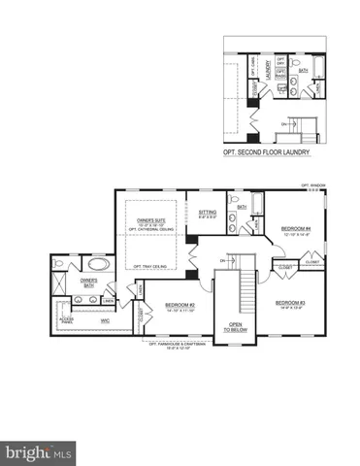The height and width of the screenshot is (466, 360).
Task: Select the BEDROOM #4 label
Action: [293, 228]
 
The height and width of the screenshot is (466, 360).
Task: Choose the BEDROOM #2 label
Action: [180, 306]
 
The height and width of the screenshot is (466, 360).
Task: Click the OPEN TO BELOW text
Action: [235, 327]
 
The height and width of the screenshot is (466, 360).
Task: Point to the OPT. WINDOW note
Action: [312, 183]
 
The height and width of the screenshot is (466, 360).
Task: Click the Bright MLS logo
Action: [39, 451]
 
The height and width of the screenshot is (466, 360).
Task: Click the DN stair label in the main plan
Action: [223, 261]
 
